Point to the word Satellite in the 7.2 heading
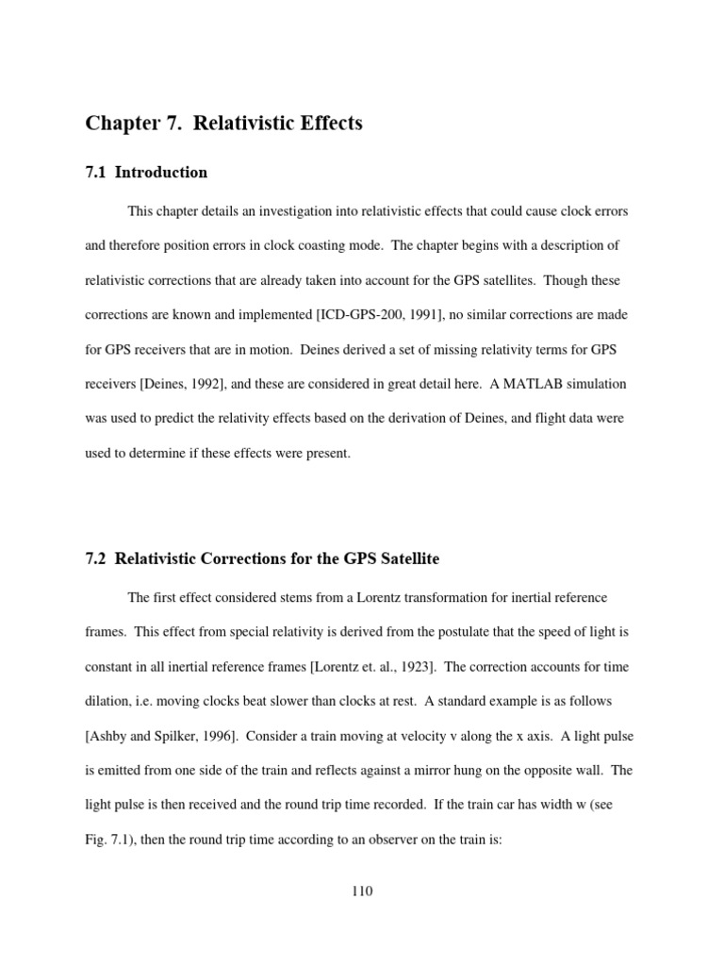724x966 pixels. tap(407, 559)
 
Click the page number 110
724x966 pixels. tap(361, 891)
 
